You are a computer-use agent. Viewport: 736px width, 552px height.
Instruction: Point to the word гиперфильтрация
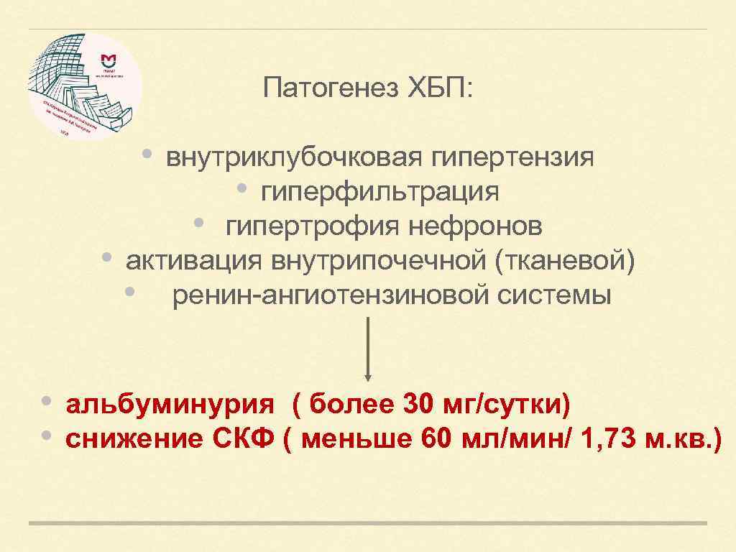click(380, 191)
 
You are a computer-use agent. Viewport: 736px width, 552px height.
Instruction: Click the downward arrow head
click(368, 376)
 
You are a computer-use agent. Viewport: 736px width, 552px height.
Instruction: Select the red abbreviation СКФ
click(245, 439)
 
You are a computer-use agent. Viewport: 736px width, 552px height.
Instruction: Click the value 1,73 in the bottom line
click(612, 439)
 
